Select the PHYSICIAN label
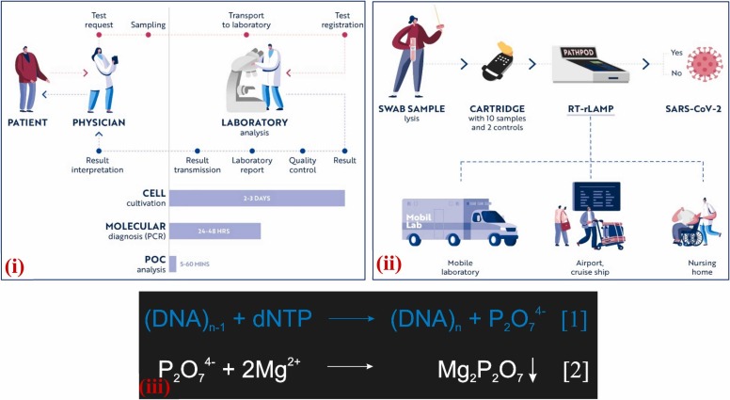(x=100, y=121)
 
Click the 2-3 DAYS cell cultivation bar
(x=256, y=199)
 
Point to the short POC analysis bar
(x=172, y=264)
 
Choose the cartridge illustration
(x=500, y=66)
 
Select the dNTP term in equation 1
(x=281, y=319)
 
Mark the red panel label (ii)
(x=389, y=264)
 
